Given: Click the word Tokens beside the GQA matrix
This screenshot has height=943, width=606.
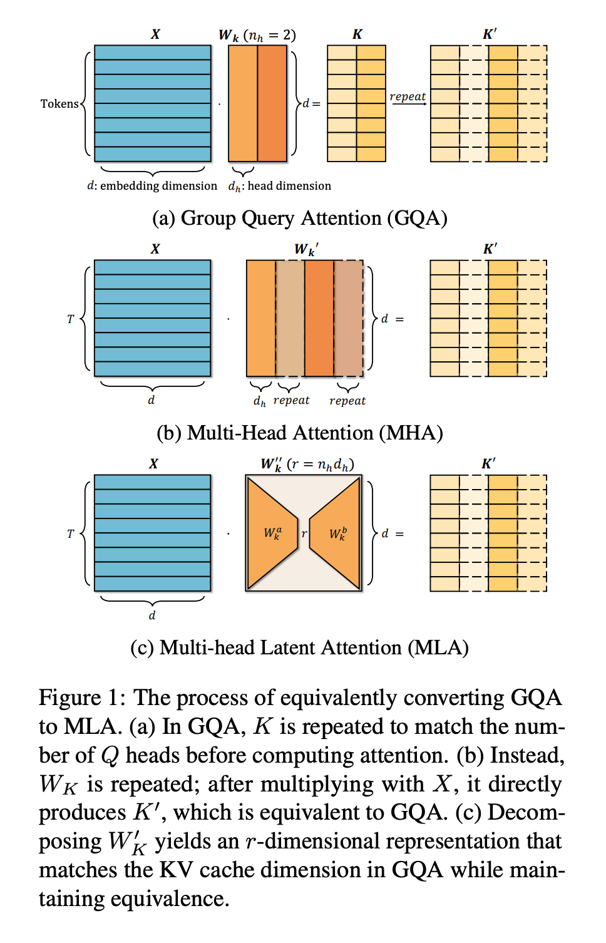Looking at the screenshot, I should pos(59,104).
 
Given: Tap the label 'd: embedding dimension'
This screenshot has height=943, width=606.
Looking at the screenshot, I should pos(152,186).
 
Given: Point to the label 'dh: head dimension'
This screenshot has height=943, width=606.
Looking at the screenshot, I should pos(280,186).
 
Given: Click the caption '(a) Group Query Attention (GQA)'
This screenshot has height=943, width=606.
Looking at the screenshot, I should pos(300,218).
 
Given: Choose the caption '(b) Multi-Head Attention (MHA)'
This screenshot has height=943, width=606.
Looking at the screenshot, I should pos(300,433).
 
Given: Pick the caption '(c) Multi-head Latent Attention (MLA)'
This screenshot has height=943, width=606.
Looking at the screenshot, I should pos(299,647).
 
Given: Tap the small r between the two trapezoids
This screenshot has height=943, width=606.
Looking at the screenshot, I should pos(304,534).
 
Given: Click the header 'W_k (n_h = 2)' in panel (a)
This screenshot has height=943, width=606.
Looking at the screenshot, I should pos(257,35).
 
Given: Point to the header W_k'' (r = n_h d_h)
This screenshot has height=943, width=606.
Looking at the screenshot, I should pos(307,465).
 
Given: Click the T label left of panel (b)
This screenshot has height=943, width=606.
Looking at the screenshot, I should pos(70,319).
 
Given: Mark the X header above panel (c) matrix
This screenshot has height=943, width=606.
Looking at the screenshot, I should pos(153,464).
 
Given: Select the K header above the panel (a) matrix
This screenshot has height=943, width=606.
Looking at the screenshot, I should pos(357,34).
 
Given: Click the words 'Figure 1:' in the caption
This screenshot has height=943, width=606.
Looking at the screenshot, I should pos(85,698).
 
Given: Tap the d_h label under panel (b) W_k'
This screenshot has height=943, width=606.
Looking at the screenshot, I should pos(259,401).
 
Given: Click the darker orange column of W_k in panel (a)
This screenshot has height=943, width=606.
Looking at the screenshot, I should pos(272,103).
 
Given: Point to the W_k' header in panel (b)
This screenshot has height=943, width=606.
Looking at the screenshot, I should pos(306,249).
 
